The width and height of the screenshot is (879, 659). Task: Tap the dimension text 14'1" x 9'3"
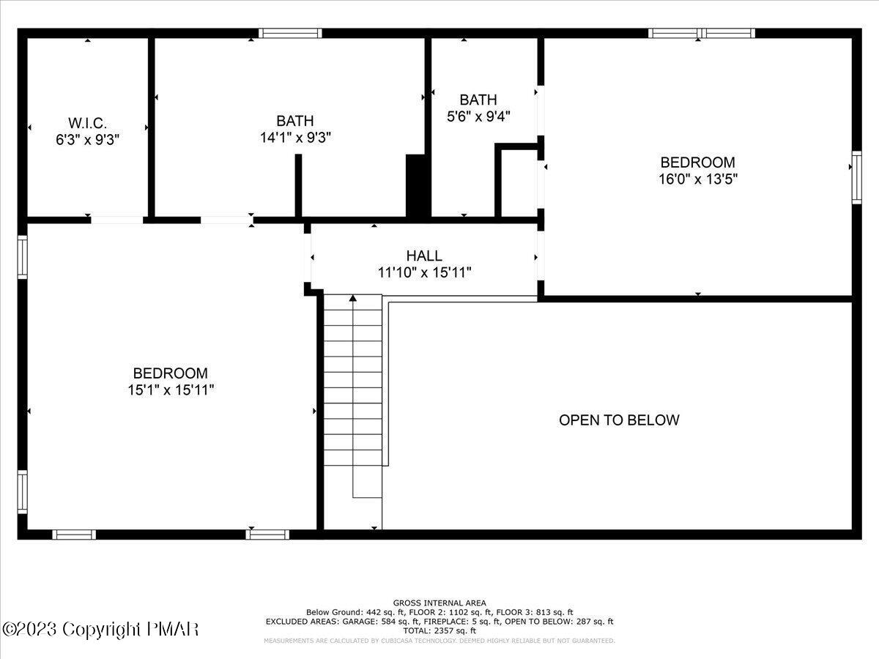tap(296, 137)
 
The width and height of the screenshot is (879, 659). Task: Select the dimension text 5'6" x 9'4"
tap(478, 116)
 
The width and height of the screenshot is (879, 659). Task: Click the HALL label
tap(424, 256)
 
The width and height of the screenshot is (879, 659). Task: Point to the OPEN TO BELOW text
tap(619, 420)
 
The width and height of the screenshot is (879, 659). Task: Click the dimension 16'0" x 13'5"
tap(697, 179)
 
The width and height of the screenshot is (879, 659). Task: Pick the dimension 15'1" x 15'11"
tap(170, 390)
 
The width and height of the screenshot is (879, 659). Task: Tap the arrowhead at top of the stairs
tap(353, 298)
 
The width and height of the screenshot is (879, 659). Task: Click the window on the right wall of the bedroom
tap(856, 177)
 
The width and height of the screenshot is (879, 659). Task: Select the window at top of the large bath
tap(291, 33)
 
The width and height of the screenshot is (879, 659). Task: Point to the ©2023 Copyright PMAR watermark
tap(100, 629)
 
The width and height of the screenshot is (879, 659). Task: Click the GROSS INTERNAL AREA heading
tap(439, 603)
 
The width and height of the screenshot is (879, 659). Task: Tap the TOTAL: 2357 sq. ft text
tap(439, 630)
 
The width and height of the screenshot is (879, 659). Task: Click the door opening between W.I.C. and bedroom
tap(117, 219)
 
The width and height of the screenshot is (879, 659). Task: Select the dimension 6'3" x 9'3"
tap(88, 139)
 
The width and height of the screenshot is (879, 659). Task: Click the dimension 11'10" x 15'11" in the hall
tap(424, 272)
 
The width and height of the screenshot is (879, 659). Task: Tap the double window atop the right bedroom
tap(702, 33)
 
